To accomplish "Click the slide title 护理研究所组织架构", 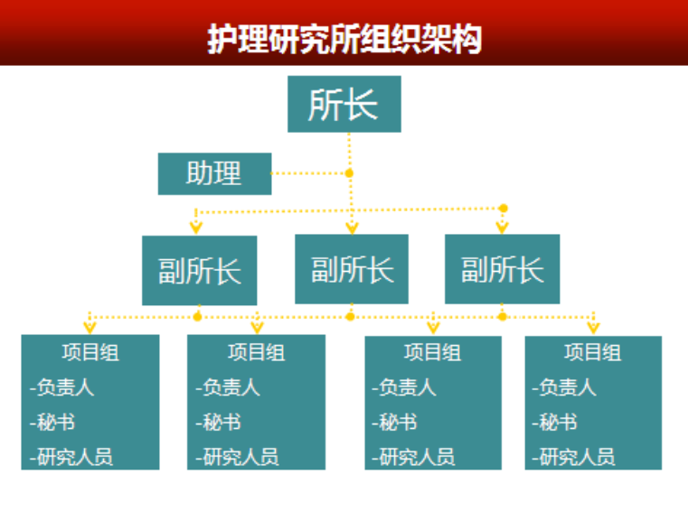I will (x=344, y=38).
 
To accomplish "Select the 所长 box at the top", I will (x=344, y=104).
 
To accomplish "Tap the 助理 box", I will (x=214, y=173).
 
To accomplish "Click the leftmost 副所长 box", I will (x=199, y=270).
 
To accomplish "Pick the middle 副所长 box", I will (x=352, y=269).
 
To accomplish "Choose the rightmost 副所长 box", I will (x=502, y=269).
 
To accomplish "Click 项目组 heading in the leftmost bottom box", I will (x=90, y=351).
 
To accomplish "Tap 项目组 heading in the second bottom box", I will (x=256, y=351).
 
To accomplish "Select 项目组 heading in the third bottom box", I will (x=432, y=351).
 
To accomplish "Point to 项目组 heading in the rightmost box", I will (x=593, y=351).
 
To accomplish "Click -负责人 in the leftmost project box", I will (x=62, y=387).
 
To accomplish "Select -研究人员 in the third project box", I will (x=412, y=456).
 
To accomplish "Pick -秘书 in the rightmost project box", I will (x=557, y=422).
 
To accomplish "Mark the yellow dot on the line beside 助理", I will (x=350, y=172).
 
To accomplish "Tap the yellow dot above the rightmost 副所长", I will (x=504, y=209).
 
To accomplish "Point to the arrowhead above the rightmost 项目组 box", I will (x=593, y=326).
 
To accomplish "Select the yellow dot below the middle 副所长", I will (x=350, y=316).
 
